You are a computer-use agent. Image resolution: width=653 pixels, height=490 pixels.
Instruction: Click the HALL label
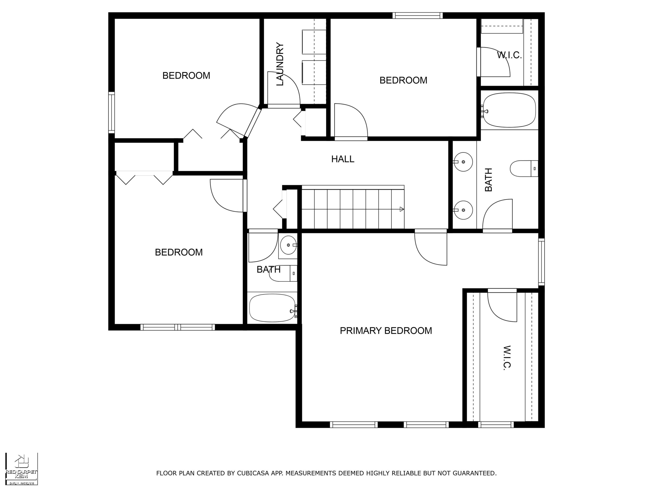click(342, 159)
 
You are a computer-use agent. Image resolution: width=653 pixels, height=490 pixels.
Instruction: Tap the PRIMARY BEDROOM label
click(386, 331)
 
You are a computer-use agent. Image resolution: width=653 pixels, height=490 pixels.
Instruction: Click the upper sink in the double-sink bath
click(463, 162)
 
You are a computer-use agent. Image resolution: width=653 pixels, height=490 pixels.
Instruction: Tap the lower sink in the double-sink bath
click(463, 210)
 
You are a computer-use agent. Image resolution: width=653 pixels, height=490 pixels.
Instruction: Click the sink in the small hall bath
click(288, 245)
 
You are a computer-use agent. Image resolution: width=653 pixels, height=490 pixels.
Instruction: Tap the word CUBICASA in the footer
click(253, 473)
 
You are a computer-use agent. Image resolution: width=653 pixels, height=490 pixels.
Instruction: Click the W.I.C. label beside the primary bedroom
click(507, 358)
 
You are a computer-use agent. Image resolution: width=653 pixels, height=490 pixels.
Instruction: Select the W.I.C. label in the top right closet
click(509, 55)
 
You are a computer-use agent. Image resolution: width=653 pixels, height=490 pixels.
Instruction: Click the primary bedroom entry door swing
click(431, 249)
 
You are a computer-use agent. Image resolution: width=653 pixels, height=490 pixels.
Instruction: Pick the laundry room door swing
click(284, 88)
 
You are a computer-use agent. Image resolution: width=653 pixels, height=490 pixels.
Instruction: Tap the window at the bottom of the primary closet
click(496, 425)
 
